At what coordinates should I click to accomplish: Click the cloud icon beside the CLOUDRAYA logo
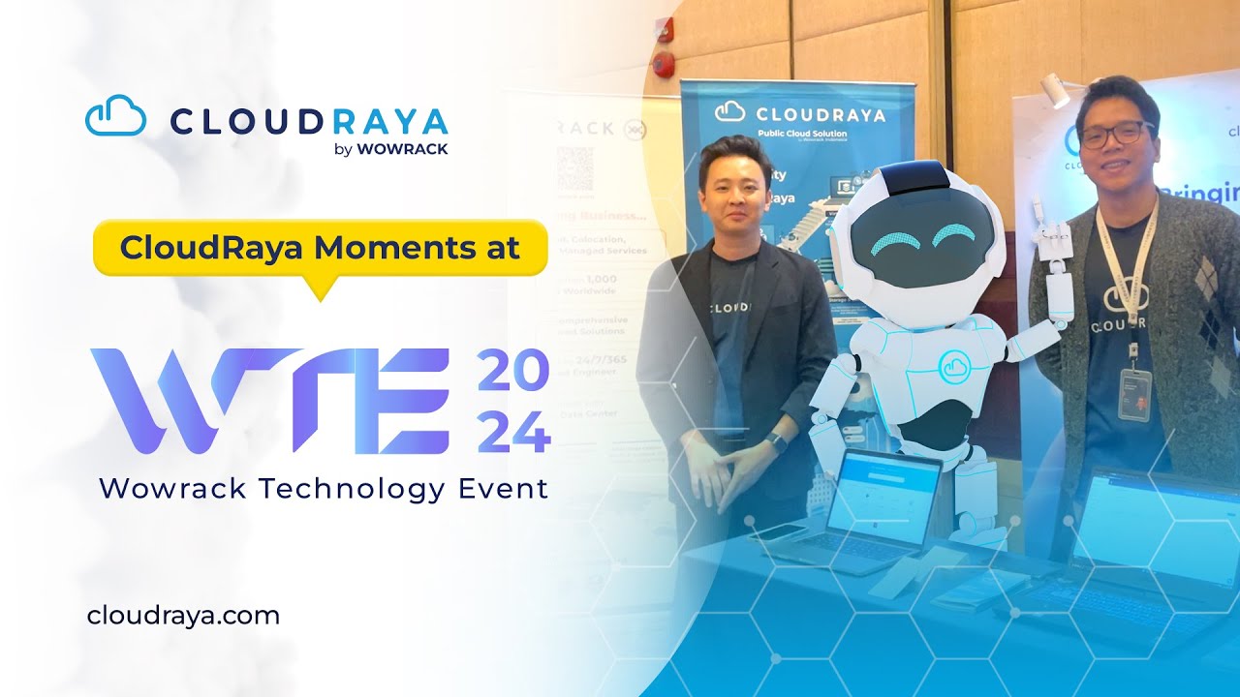pos(115,117)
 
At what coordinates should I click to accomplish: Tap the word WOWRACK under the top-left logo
pos(402,149)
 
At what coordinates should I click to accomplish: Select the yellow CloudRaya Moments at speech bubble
pos(320,248)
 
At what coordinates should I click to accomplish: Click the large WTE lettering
pos(270,401)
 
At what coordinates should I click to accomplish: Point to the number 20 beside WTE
pos(513,372)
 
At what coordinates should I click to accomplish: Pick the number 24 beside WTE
pos(513,432)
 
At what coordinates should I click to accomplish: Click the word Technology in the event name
pos(357,489)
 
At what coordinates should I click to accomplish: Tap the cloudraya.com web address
pos(183,615)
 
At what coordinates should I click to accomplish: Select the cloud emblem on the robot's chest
pos(955,365)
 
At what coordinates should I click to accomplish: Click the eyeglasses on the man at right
pos(1116,135)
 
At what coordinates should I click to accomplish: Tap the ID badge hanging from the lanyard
pos(1134,393)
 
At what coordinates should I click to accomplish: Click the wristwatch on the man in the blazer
pos(775,443)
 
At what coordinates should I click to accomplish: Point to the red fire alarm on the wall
pos(664,65)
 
